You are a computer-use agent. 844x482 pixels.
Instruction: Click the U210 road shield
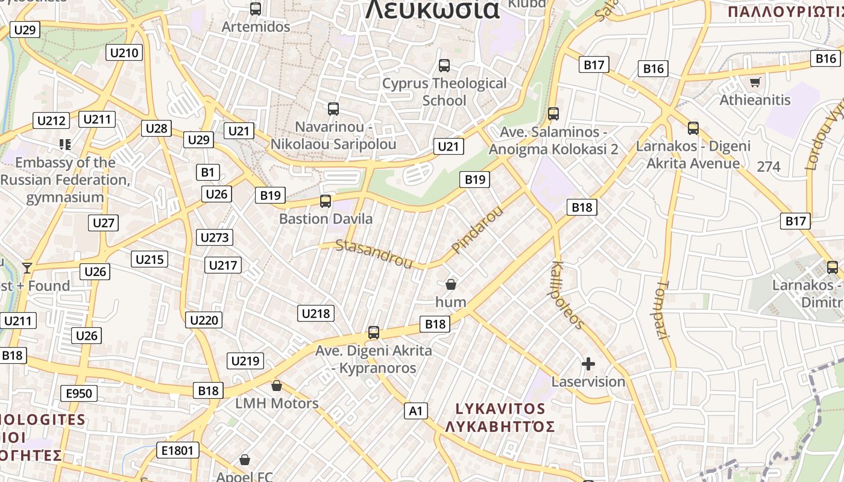(x=124, y=52)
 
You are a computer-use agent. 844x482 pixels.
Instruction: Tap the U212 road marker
(x=51, y=120)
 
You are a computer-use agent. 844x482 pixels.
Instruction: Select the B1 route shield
(x=207, y=172)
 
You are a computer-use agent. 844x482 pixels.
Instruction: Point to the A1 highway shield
(x=415, y=411)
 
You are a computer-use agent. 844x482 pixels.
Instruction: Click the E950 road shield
(x=78, y=394)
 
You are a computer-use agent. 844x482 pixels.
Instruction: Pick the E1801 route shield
(x=177, y=450)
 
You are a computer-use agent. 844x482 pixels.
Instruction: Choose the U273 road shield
(x=214, y=237)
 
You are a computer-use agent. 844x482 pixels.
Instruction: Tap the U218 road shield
(x=315, y=313)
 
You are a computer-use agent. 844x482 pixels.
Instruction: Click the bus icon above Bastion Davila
(x=326, y=201)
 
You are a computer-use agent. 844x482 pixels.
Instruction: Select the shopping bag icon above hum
(x=450, y=284)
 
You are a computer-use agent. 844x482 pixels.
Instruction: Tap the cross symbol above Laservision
(x=588, y=364)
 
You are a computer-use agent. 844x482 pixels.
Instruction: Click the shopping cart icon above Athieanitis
(x=755, y=82)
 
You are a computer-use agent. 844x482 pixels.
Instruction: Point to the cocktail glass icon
(x=27, y=268)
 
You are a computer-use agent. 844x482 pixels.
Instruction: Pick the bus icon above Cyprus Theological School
(x=444, y=65)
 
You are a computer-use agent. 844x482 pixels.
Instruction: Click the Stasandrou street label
(x=374, y=254)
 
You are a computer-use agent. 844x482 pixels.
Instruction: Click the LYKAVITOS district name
(x=500, y=408)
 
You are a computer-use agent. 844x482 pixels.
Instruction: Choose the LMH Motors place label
(x=277, y=403)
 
